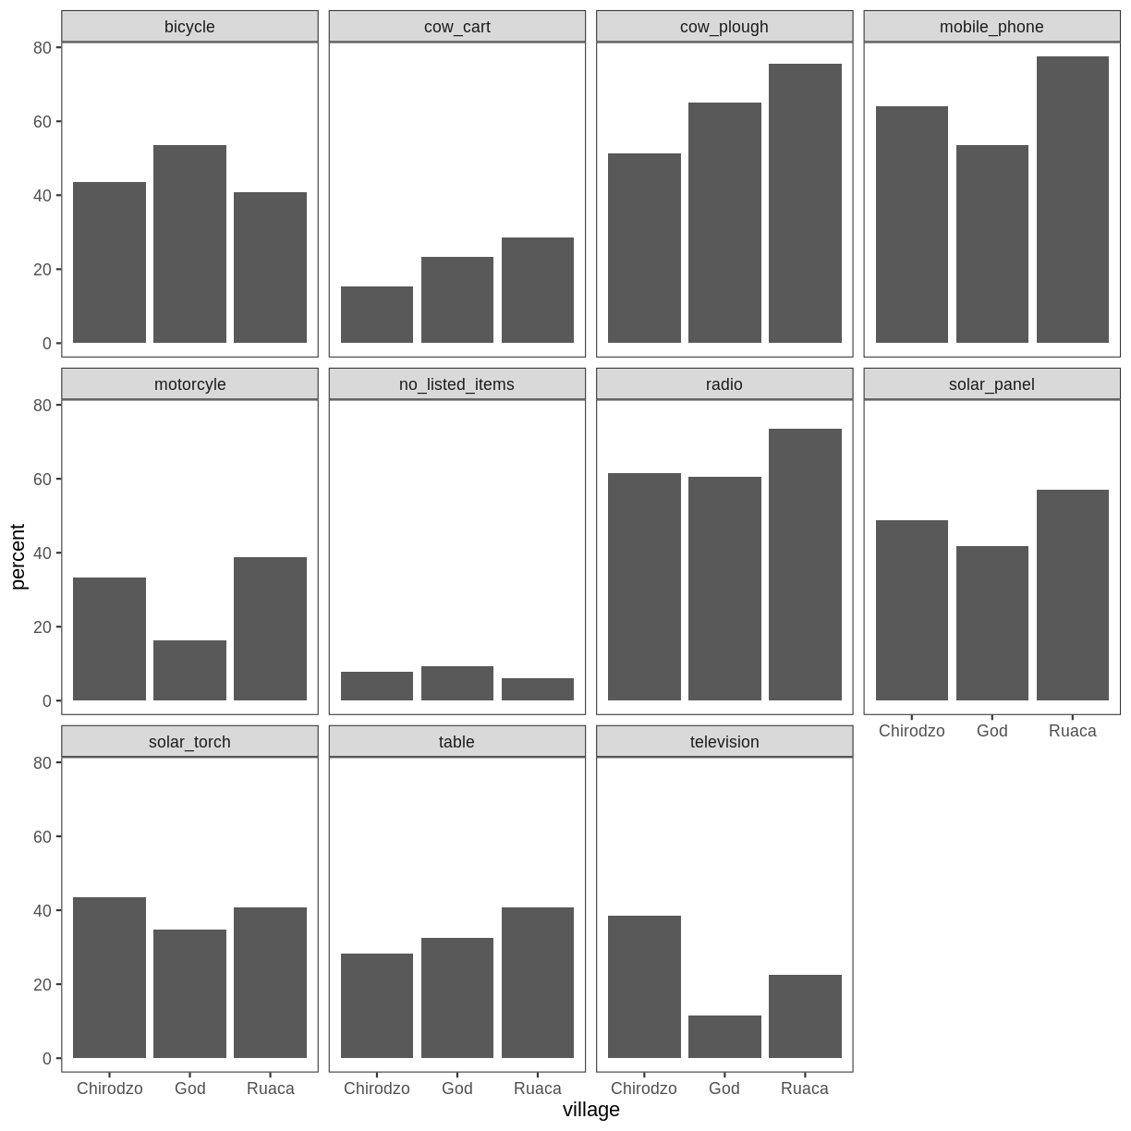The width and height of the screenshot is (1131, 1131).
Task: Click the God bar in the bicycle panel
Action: point(189,244)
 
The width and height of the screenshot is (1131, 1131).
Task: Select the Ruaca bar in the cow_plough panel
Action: point(805,203)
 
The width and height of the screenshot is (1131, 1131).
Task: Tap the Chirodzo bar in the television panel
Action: point(644,987)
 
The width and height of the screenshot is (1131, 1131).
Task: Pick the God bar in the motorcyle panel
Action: point(189,670)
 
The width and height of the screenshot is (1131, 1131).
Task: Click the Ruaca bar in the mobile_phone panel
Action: point(1072,200)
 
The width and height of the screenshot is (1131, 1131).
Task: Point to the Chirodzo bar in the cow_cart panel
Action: point(377,314)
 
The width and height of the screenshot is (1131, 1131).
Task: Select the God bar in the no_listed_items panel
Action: point(457,683)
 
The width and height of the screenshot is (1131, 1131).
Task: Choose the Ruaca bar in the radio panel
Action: point(805,565)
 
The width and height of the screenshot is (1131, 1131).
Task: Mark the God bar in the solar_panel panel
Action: point(992,623)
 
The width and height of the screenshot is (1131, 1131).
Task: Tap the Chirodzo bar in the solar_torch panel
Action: point(109,978)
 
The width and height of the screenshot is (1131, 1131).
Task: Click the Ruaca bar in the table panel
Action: point(538,982)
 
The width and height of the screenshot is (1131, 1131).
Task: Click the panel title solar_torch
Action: point(189,742)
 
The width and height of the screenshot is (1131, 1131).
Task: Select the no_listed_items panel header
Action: point(456,384)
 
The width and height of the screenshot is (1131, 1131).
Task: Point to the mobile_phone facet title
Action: point(991,27)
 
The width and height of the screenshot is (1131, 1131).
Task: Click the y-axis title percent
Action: point(18,556)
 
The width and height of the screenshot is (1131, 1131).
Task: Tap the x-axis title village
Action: point(591,1110)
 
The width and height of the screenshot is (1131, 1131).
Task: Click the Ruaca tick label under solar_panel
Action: point(1072,731)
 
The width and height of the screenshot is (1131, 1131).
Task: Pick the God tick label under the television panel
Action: point(724,1088)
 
